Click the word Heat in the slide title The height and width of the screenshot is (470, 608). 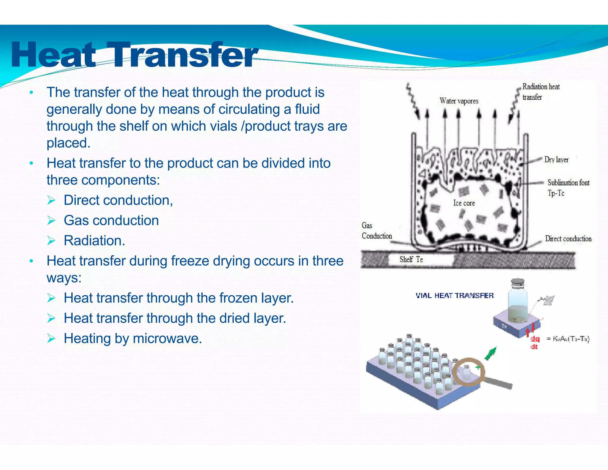pos(53,55)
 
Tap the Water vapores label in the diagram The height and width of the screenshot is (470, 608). pos(459,101)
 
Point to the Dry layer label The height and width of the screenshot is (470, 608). pos(556,160)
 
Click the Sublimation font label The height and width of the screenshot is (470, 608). pos(568,182)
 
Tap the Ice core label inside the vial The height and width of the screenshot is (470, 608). pos(464,203)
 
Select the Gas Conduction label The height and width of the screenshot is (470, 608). pos(376,231)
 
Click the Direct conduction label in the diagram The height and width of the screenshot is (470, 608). pos(568,239)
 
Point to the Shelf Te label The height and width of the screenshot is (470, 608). pos(411,259)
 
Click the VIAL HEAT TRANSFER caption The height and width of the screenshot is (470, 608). pos(455,295)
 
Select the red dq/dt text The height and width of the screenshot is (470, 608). pos(535,342)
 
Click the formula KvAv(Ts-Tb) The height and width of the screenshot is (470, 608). pos(571,339)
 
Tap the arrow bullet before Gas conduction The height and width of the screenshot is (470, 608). pos(51,220)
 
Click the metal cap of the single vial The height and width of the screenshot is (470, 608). pos(518,281)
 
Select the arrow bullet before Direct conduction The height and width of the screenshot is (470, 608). pos(51,200)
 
